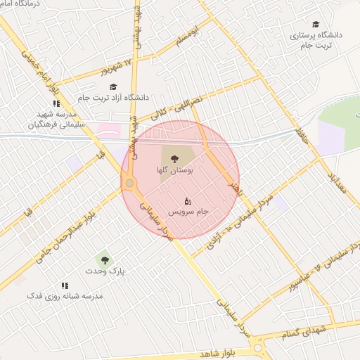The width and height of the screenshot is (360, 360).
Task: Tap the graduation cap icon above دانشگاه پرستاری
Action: pos(315,24)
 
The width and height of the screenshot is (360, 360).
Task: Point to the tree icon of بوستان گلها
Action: pos(175,158)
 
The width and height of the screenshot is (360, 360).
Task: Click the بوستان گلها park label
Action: pos(175,170)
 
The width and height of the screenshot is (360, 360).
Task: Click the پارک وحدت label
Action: pos(105,271)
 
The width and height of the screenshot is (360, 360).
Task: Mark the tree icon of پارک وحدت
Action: pos(105,259)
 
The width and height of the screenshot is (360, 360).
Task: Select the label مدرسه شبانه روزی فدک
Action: pos(65,296)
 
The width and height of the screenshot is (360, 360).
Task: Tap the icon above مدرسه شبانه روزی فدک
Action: pos(65,285)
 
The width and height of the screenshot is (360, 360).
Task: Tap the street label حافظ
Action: pos(302,131)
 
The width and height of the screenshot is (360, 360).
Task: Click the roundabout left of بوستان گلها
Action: pos(129,184)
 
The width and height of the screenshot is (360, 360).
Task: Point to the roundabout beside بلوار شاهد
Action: pos(258,346)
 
